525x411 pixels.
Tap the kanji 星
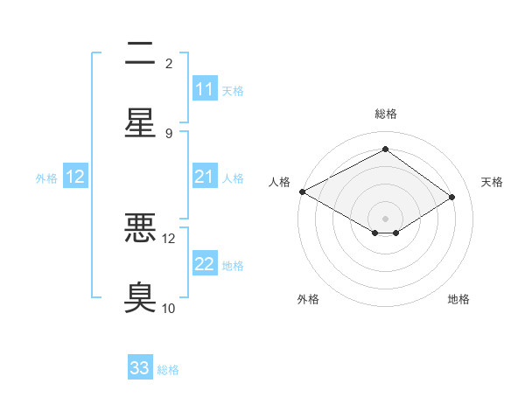pos(140,122)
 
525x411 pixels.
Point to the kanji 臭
pos(140,296)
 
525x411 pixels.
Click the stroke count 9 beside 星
pos(169,133)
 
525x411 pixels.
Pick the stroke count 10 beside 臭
pos(169,308)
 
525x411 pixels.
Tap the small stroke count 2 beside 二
pos(169,63)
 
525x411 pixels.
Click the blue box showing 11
pos(204,89)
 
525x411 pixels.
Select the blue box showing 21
pos(204,177)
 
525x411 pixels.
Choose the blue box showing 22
pos(204,264)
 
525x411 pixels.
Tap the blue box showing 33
pos(139,368)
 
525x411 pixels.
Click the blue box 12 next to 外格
pos(75,177)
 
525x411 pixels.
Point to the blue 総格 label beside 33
pos(168,370)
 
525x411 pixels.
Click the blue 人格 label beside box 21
pos(233,178)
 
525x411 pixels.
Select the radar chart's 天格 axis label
pos(493,182)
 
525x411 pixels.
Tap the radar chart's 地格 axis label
pos(458,299)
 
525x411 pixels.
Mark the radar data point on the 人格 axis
pos(302,192)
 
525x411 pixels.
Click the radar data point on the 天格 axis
pos(452,198)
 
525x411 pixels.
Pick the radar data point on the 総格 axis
pos(385,150)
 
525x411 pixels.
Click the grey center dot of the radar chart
pos(385,218)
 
